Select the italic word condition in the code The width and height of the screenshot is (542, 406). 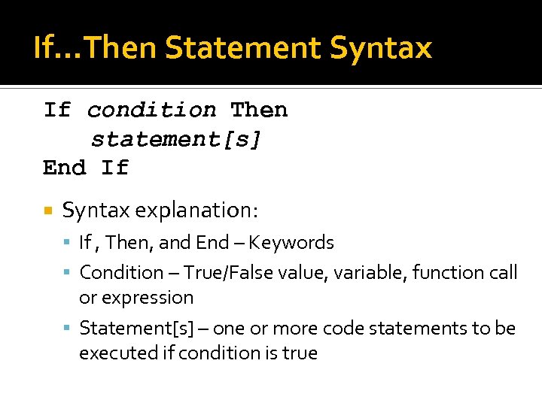click(x=151, y=111)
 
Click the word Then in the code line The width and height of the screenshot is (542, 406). click(x=259, y=111)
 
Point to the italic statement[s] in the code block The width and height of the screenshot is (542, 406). click(x=176, y=139)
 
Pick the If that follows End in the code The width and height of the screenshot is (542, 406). click(x=115, y=168)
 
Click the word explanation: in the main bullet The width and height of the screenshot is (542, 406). click(x=196, y=211)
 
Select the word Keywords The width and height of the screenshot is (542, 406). click(x=291, y=243)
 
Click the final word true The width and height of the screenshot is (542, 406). click(x=300, y=353)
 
